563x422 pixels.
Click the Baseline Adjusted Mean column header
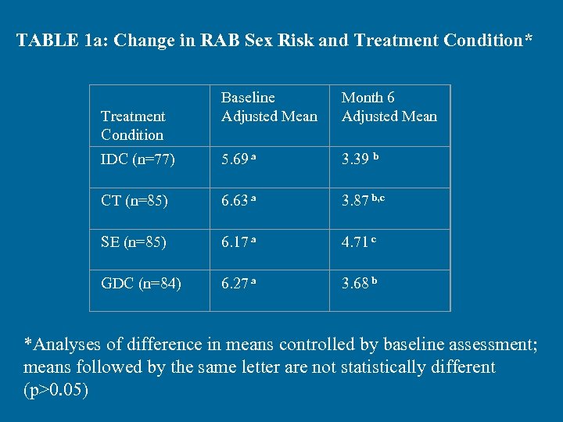click(x=269, y=107)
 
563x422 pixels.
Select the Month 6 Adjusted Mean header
click(x=389, y=107)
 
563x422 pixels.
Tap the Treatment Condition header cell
click(x=133, y=125)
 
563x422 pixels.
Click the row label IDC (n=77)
click(x=138, y=160)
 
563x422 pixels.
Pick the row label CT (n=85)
click(x=133, y=202)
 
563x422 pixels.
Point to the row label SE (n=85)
click(x=134, y=243)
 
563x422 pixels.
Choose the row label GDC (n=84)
click(x=141, y=284)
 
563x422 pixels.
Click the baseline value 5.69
click(x=235, y=160)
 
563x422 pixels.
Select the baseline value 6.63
click(x=235, y=202)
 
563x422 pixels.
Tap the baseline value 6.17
click(x=235, y=243)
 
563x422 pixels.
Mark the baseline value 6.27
click(x=235, y=284)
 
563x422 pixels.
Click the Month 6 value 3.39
click(x=356, y=160)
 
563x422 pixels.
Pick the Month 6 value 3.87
click(x=356, y=202)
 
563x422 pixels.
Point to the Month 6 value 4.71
click(x=356, y=243)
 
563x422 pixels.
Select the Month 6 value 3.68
click(x=356, y=284)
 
